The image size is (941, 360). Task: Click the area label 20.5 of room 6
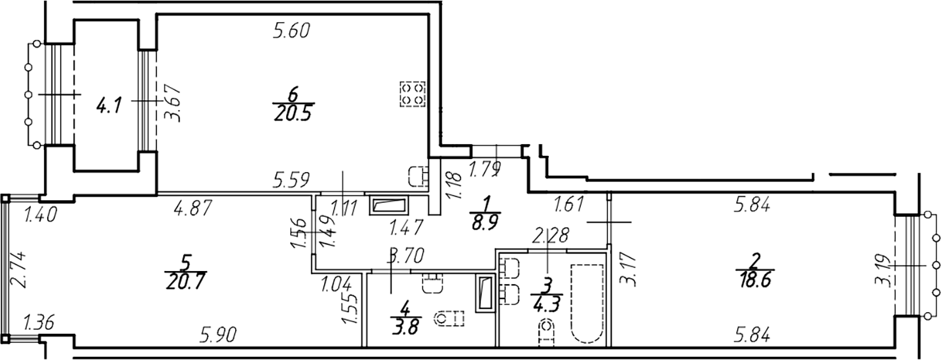point(293,113)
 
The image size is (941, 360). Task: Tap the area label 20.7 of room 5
point(186,281)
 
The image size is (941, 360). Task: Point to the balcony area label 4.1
point(109,105)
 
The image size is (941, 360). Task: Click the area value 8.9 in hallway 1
point(485,221)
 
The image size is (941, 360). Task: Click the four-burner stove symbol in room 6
point(412,94)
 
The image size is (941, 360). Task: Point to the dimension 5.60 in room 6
point(291,31)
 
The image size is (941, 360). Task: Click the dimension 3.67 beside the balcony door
point(174,104)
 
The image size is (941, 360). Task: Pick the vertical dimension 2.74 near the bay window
point(20,270)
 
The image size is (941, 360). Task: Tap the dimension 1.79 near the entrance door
point(485,170)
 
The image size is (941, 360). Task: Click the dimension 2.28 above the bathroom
point(551,235)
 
